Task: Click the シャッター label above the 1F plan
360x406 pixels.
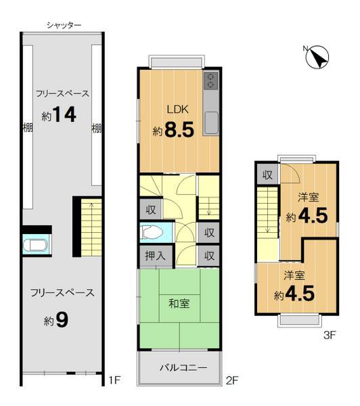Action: tap(64, 25)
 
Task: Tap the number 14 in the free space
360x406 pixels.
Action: tap(65, 115)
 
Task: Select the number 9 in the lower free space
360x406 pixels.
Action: tap(62, 319)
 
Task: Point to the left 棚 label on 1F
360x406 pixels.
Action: tap(26, 127)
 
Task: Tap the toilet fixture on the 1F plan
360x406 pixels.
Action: tap(34, 245)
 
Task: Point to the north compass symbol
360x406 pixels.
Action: tap(316, 58)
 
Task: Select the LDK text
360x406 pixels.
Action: tap(178, 109)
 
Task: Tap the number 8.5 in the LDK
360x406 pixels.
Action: tap(179, 129)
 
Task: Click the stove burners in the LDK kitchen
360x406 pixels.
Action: tap(210, 81)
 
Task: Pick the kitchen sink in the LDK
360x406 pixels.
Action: tap(210, 124)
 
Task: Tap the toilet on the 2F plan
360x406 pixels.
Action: tap(154, 233)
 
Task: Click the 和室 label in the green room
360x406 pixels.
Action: tap(179, 302)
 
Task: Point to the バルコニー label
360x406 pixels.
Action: tap(179, 367)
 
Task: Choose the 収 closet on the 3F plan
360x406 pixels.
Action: tap(267, 175)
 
